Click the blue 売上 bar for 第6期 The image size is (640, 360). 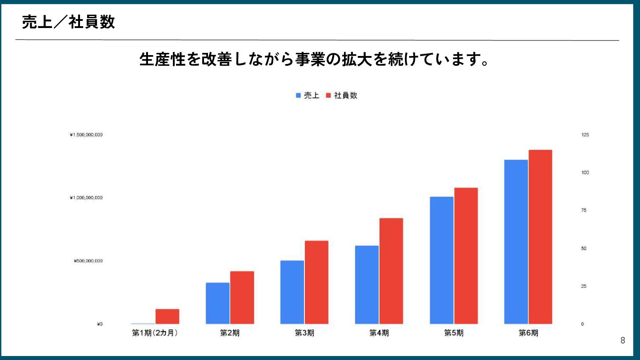[516, 242]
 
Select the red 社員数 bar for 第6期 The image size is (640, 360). [540, 237]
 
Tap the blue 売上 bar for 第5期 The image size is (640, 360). [441, 260]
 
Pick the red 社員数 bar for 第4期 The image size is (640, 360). [391, 271]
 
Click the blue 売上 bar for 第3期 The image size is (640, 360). [292, 292]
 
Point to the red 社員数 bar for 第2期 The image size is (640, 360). [242, 297]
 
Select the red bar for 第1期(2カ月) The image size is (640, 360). [168, 316]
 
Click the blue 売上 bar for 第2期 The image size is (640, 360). [217, 303]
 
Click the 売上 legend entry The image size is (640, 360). [308, 96]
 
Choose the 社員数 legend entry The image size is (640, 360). [342, 96]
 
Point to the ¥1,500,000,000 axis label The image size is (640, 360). [86, 135]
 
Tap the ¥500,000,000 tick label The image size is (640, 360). [88, 261]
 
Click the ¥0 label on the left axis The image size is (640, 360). [100, 324]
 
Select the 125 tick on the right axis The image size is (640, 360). [585, 135]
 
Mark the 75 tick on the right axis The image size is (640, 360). [584, 210]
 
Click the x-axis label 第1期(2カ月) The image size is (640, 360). [155, 333]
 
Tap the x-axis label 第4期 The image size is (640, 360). [379, 333]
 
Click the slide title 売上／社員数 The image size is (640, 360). [68, 22]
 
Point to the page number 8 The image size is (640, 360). [623, 340]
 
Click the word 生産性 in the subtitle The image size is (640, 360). [162, 59]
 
